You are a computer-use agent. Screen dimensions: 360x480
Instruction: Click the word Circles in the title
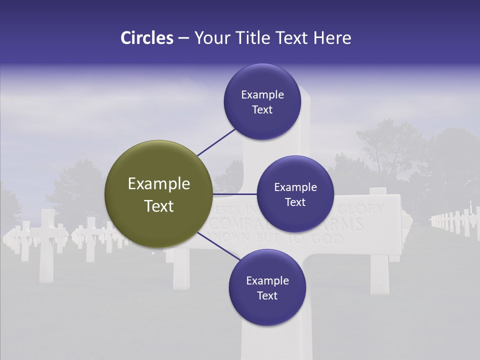click(x=147, y=38)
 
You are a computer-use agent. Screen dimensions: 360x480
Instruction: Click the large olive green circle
click(x=158, y=194)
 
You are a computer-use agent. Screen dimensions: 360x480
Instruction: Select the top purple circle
click(x=262, y=101)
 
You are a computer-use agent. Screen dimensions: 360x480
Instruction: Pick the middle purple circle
click(x=295, y=194)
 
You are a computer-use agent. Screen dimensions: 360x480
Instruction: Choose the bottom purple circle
click(x=267, y=287)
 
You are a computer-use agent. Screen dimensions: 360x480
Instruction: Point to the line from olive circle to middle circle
click(x=234, y=194)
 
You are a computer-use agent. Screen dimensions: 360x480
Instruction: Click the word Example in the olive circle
click(x=158, y=184)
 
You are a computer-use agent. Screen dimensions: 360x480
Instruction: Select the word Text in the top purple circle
click(x=262, y=109)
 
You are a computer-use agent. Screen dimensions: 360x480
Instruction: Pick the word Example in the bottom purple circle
click(x=267, y=280)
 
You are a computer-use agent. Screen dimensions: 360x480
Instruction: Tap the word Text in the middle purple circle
click(x=295, y=202)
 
